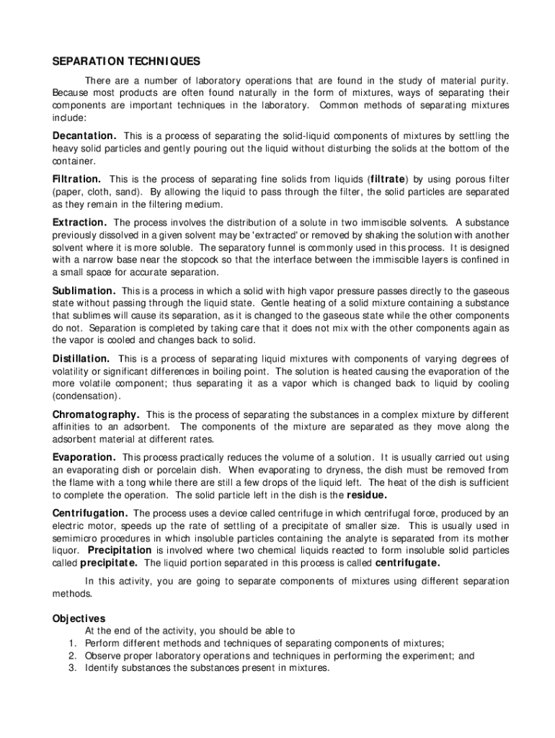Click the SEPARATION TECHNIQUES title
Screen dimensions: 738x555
126,61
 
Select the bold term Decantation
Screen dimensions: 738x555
84,136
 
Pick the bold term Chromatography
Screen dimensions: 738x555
96,415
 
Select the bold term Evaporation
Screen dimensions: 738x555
84,458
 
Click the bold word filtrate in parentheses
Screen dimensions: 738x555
388,179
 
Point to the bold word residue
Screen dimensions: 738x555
368,496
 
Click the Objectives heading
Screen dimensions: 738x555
79,618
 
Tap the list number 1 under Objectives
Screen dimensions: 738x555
73,644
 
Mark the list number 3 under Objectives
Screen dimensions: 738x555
73,668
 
